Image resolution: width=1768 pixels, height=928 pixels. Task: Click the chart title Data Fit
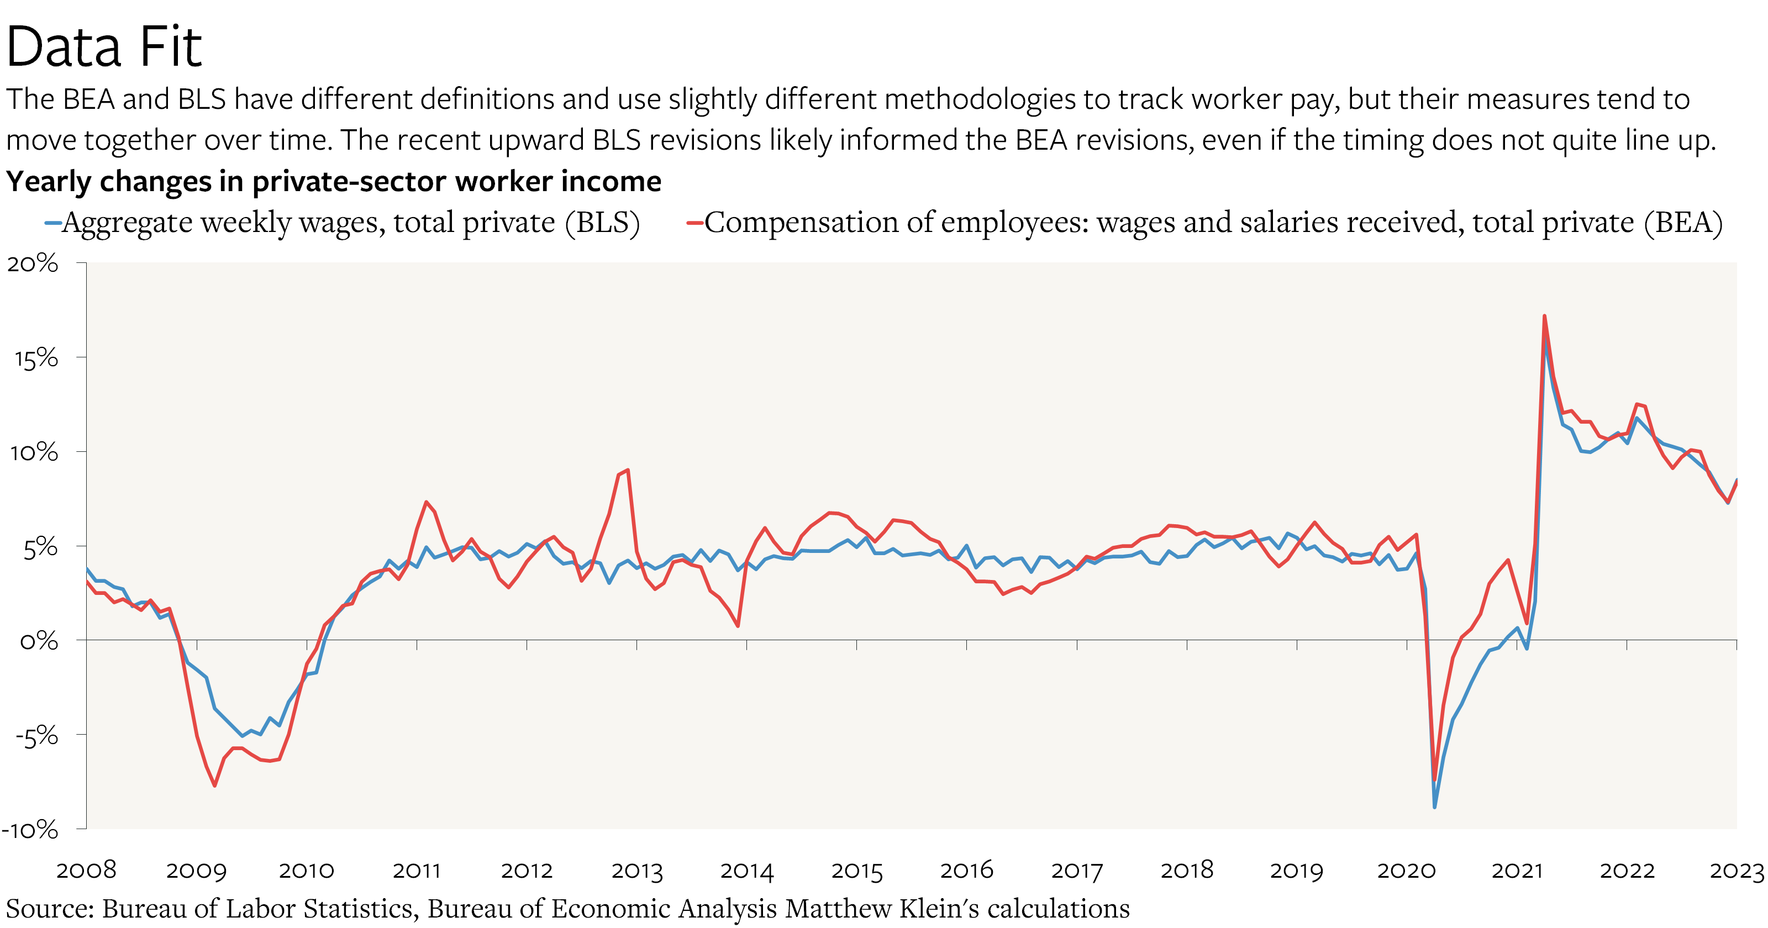click(104, 46)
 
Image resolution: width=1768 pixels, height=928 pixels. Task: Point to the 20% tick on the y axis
click(33, 263)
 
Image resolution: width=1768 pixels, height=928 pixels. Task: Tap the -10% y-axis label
click(30, 829)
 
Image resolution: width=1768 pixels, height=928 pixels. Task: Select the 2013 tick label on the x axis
click(637, 871)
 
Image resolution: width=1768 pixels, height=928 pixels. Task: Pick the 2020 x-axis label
click(1406, 871)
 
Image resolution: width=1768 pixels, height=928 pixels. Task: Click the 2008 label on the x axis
click(87, 871)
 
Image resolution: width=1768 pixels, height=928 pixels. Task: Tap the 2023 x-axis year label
click(1737, 871)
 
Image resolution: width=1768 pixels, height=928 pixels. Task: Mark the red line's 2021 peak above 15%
click(1544, 317)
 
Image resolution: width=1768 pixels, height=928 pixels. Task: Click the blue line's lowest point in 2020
click(1434, 806)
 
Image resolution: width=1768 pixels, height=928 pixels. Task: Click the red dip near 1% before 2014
click(738, 625)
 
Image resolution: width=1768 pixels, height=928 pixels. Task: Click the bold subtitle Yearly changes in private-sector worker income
click(334, 181)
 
